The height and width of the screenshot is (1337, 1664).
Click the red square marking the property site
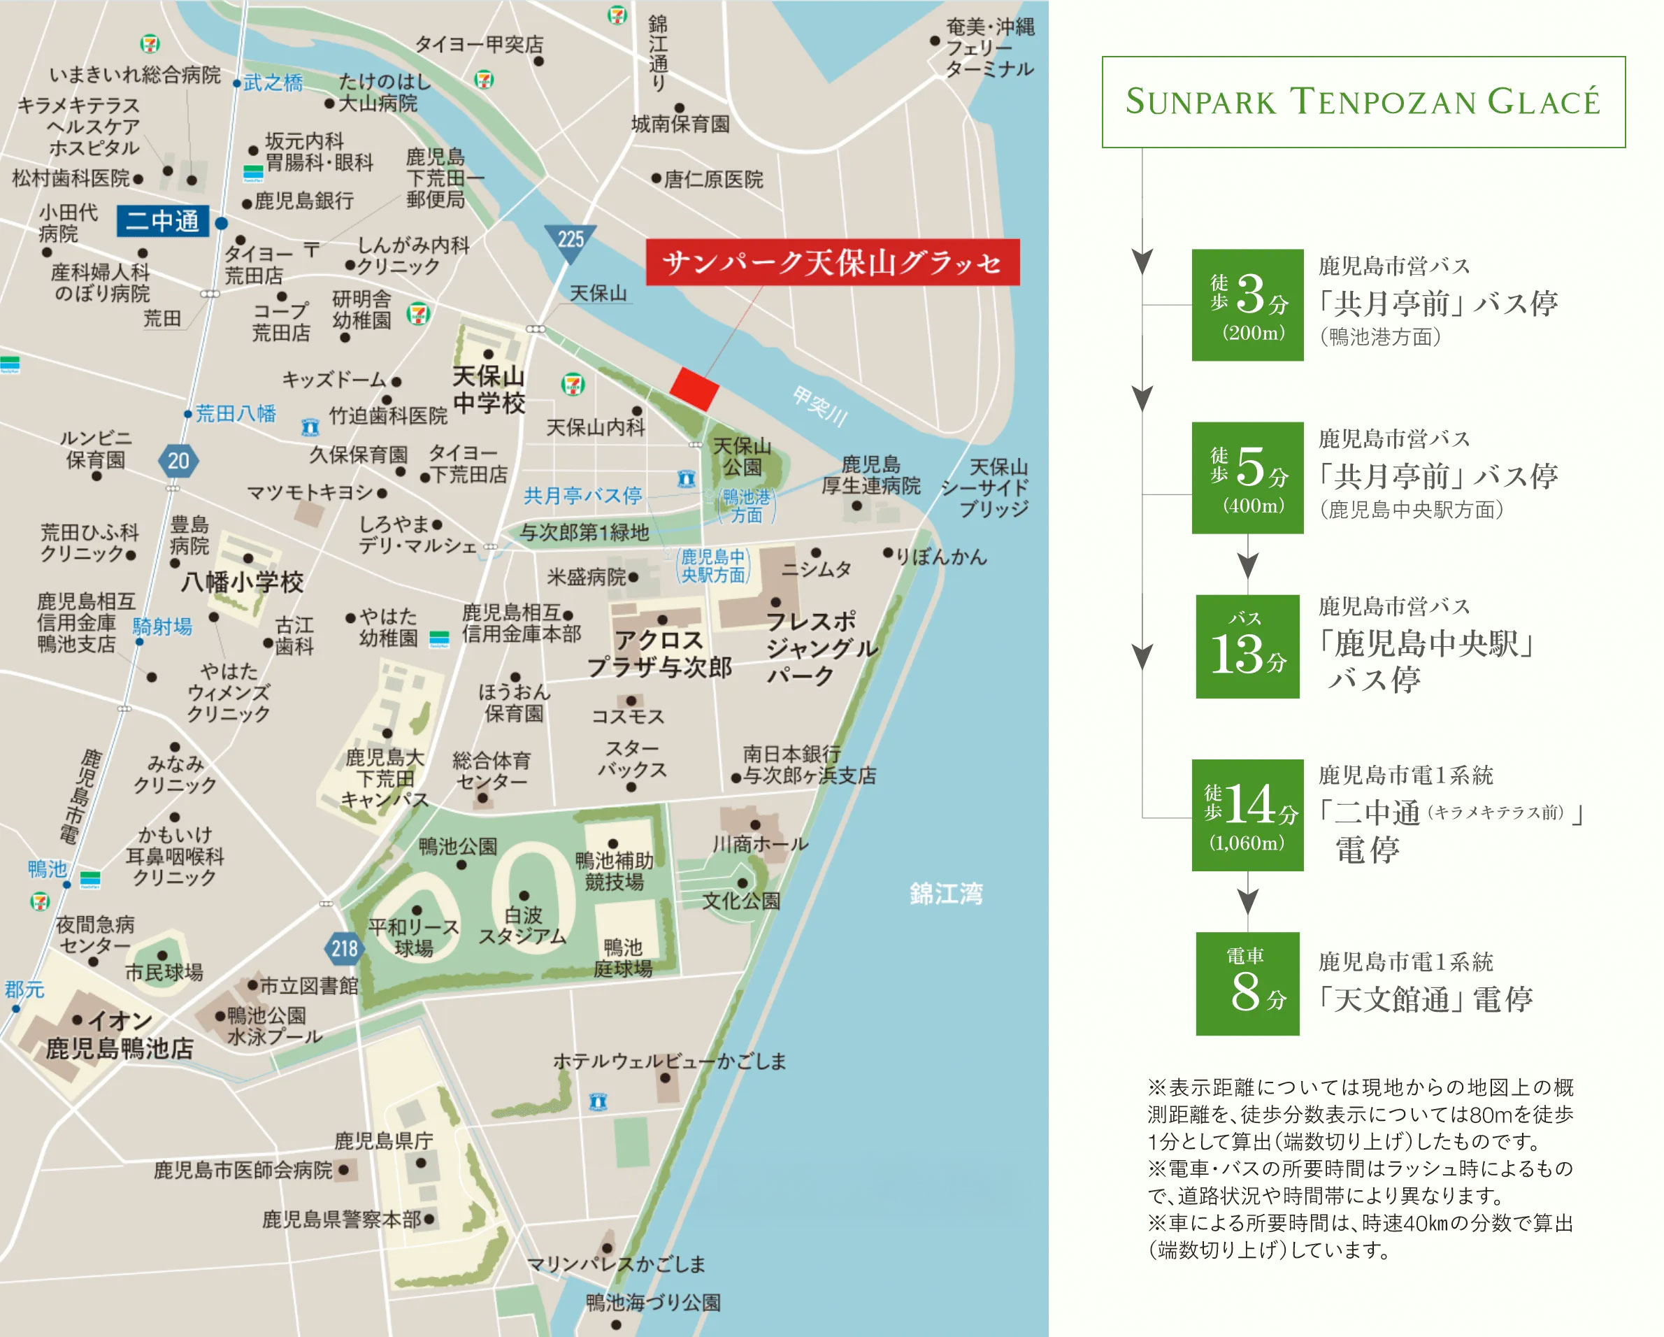tap(693, 388)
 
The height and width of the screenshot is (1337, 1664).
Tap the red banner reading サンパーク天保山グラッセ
tap(832, 262)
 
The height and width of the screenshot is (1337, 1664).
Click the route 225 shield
tap(571, 241)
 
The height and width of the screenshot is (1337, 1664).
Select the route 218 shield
tap(343, 948)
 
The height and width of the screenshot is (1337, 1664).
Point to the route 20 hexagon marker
tap(178, 461)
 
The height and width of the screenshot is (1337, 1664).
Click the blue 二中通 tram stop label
tap(163, 222)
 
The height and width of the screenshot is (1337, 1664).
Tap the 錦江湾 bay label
tap(945, 894)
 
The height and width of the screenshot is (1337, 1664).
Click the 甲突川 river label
tap(819, 407)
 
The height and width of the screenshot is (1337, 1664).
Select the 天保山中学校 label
tap(489, 389)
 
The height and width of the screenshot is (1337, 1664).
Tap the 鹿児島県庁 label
tap(384, 1140)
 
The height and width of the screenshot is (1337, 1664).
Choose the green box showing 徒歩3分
tap(1247, 305)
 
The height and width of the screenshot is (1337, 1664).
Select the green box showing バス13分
tap(1247, 646)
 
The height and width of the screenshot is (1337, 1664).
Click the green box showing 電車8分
tap(1247, 983)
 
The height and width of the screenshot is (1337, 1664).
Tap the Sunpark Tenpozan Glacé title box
tap(1362, 102)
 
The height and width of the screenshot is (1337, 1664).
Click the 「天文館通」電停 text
tap(1424, 999)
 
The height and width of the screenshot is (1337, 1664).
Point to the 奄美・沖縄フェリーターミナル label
tap(989, 48)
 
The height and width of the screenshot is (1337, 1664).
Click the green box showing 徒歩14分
tap(1247, 815)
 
